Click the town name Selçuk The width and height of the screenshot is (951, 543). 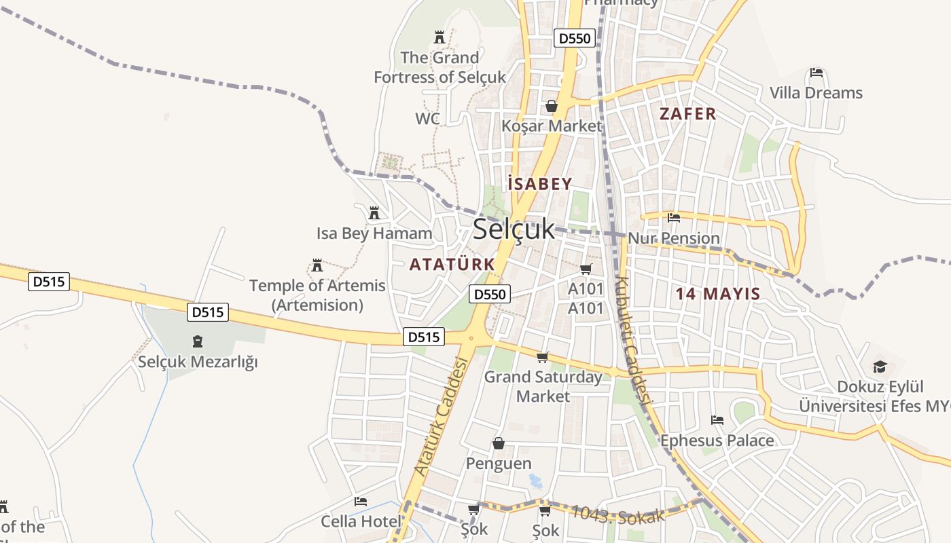(514, 229)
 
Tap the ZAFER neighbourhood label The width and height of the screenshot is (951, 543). (687, 113)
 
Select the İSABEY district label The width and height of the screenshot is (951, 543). (539, 183)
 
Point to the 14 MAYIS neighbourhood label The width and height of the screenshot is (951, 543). (718, 294)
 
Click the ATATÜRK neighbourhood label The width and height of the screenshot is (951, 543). (452, 264)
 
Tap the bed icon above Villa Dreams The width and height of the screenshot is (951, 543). (817, 73)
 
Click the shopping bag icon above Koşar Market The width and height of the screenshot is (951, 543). (552, 106)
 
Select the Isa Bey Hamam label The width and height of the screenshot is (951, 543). (374, 233)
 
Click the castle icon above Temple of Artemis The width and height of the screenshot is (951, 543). (317, 265)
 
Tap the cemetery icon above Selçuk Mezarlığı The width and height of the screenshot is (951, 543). (198, 341)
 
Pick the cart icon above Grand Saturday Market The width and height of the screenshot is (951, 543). (542, 357)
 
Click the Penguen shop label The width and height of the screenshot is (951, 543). (499, 464)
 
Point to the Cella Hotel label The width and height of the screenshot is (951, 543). (360, 521)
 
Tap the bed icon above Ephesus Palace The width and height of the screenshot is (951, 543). (717, 420)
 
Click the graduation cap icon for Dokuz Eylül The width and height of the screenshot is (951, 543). (880, 367)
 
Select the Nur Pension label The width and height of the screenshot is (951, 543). (674, 238)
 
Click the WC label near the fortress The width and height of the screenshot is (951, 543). (427, 119)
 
